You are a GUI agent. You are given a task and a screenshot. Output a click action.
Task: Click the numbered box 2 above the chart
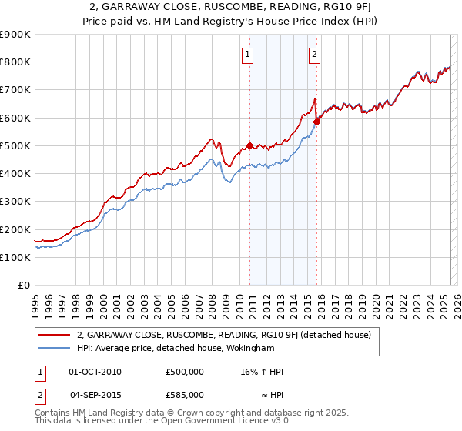pyautogui.click(x=316, y=54)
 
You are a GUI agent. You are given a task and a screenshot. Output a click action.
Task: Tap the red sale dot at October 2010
pyautogui.click(x=249, y=145)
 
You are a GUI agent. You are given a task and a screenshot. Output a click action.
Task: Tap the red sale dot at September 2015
pyautogui.click(x=316, y=121)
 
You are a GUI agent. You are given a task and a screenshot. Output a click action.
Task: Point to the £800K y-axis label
pyautogui.click(x=15, y=62)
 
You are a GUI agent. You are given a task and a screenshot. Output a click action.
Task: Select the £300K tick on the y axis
pyautogui.click(x=15, y=202)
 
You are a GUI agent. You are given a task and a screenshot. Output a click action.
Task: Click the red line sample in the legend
pyautogui.click(x=55, y=335)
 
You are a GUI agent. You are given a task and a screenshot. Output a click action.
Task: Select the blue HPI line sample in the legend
pyautogui.click(x=55, y=347)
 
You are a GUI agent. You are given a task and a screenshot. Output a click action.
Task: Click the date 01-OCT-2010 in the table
pyautogui.click(x=95, y=372)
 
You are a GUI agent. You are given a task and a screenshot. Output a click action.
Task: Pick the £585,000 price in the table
pyautogui.click(x=185, y=395)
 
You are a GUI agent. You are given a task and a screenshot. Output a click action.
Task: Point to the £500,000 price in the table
pyautogui.click(x=185, y=372)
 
